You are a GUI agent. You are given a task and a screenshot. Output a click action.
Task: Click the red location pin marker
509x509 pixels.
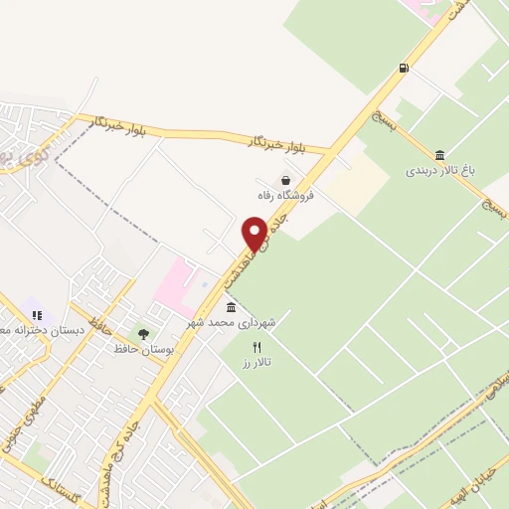point(255,233)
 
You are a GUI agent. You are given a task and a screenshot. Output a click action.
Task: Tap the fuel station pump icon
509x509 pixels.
point(404,68)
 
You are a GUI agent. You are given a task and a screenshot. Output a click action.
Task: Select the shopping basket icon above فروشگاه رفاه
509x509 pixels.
point(286,180)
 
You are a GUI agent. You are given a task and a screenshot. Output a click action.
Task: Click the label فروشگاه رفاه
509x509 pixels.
point(286,196)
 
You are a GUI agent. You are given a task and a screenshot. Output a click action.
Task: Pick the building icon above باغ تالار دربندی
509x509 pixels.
point(440,154)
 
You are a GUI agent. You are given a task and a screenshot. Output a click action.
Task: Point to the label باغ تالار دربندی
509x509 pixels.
point(440,171)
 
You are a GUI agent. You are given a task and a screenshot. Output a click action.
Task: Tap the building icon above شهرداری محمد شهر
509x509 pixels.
point(232,306)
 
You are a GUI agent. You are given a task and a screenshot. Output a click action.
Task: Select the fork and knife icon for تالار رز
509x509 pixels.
point(257,347)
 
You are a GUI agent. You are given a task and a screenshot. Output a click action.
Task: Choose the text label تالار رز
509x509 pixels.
point(256,364)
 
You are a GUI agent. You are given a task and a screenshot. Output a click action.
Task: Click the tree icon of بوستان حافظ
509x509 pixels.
point(143,334)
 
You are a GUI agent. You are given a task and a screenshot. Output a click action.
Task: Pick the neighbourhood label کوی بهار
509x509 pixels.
point(20,160)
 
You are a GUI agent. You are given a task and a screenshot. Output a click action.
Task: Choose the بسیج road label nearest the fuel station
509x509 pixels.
point(381,119)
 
